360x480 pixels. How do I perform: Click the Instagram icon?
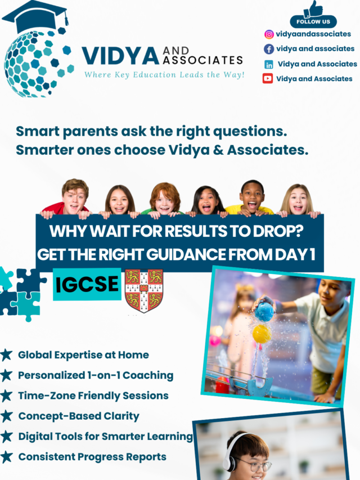tap(269, 34)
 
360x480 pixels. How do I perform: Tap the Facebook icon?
tap(269, 49)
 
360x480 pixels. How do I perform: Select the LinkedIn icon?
tap(269, 64)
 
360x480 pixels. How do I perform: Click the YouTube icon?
tap(268, 79)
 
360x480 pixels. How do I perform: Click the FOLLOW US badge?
tap(313, 22)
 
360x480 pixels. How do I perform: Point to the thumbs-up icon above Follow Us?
tap(313, 8)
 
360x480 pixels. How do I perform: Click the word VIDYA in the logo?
tap(120, 56)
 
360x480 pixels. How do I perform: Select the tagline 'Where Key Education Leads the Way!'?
tap(164, 74)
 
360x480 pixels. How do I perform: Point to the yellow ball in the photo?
tap(262, 334)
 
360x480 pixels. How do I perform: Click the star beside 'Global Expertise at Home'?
tap(7, 355)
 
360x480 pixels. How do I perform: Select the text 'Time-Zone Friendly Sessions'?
tap(93, 396)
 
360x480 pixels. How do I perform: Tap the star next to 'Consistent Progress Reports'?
tap(7, 456)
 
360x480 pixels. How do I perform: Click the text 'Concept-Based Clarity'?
tap(79, 416)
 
